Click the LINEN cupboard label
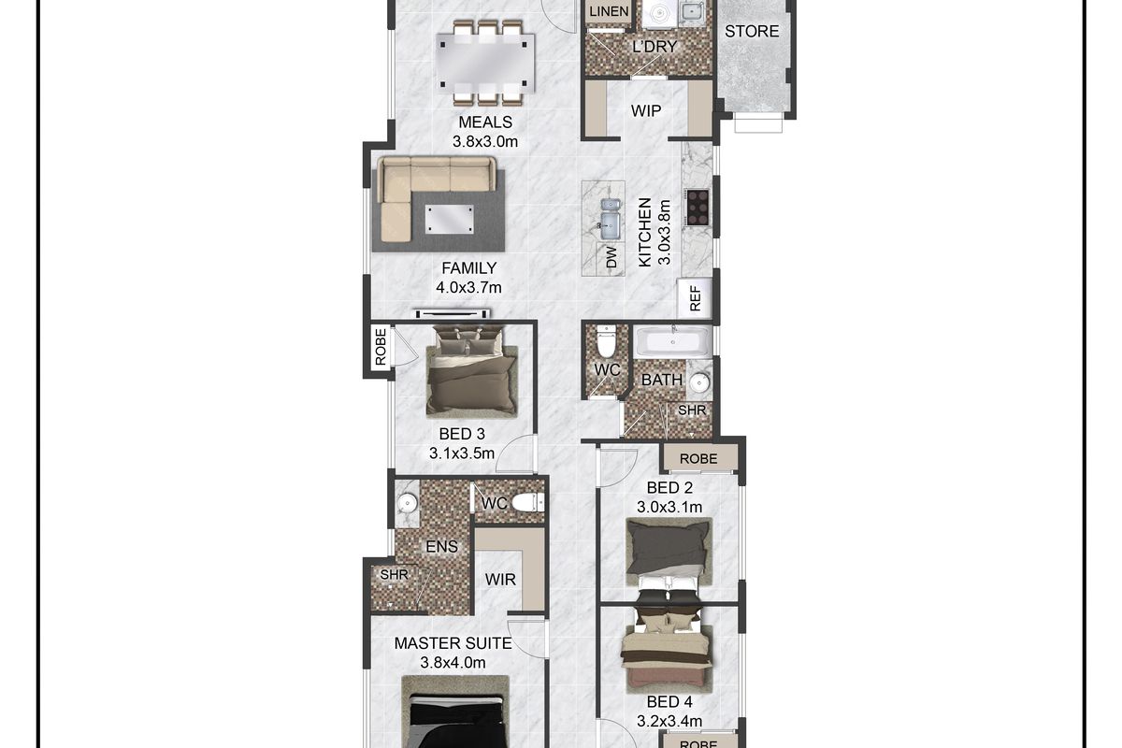609,11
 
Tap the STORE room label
752,32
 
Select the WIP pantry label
646,110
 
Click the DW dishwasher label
611,257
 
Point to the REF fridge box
694,298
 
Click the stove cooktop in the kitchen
698,207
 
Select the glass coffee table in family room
450,220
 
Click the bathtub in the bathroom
672,341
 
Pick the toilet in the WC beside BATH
606,340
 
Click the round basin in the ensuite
407,502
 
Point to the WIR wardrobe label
500,580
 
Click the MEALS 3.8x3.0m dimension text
485,142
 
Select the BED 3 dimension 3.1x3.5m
461,453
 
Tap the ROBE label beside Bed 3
381,346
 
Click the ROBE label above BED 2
698,458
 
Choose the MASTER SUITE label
453,643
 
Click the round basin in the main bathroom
699,383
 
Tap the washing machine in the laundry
660,13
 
